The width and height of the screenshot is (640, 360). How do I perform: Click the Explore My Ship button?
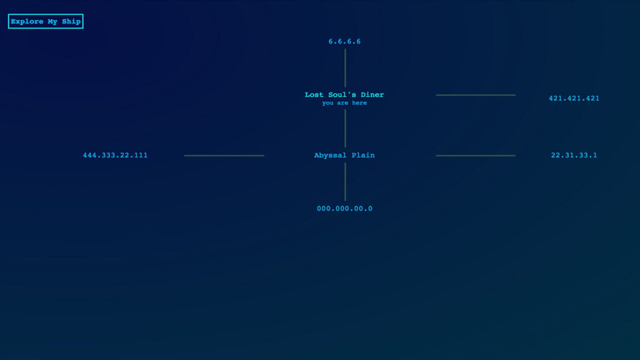46,21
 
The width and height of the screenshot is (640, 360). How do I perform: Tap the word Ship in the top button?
71,22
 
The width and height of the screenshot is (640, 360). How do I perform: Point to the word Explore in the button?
27,22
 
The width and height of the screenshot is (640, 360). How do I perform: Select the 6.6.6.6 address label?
345,41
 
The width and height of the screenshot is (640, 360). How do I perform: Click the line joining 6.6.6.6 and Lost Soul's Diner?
345,68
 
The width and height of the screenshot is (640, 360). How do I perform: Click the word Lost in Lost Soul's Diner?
314,95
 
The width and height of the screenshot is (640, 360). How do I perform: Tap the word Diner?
372,95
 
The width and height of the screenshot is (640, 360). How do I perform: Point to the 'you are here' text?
345,103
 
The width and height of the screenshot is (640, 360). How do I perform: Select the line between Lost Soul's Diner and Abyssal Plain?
345,128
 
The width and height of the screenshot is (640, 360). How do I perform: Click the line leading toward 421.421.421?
476,95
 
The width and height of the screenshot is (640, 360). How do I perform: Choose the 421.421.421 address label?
574,98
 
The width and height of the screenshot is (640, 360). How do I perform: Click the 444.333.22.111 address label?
115,155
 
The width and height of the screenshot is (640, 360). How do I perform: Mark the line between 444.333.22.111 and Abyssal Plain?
224,155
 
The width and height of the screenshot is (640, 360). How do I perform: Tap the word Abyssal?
330,155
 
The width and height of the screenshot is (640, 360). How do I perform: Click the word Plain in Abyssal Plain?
363,155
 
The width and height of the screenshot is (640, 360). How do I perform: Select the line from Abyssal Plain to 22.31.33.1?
476,155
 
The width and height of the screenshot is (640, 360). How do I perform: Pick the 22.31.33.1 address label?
574,155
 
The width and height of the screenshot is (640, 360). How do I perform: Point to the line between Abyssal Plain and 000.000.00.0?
345,182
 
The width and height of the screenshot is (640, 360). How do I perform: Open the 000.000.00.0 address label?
345,209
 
